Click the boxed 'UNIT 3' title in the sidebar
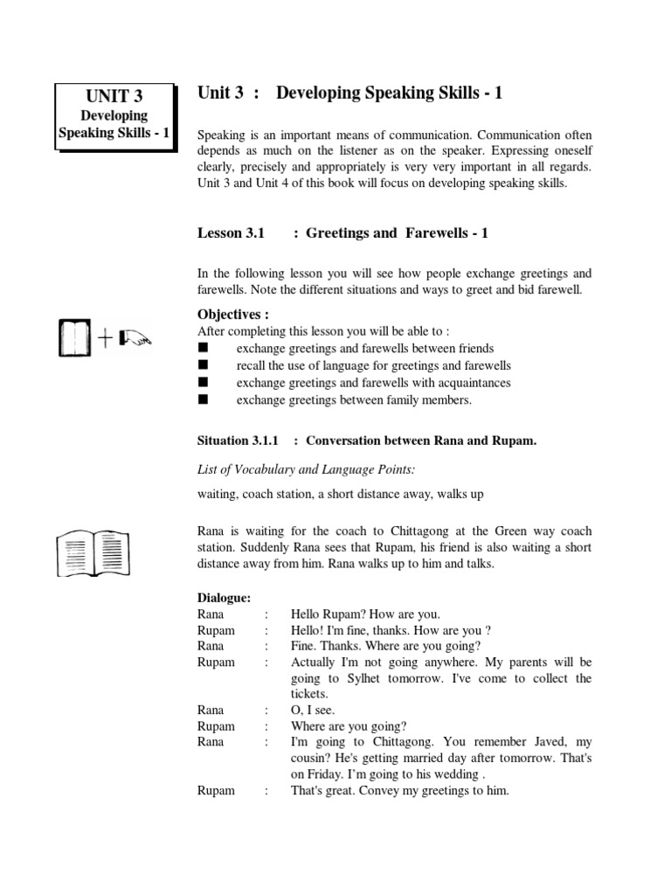pyautogui.click(x=114, y=96)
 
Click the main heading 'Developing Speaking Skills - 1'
pyautogui.click(x=390, y=94)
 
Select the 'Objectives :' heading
pyautogui.click(x=233, y=315)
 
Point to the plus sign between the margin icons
pyautogui.click(x=106, y=340)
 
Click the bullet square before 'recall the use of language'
pyautogui.click(x=204, y=365)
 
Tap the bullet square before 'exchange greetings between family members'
pyautogui.click(x=204, y=400)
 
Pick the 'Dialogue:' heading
pyautogui.click(x=225, y=598)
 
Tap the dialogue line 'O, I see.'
pyautogui.click(x=313, y=710)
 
